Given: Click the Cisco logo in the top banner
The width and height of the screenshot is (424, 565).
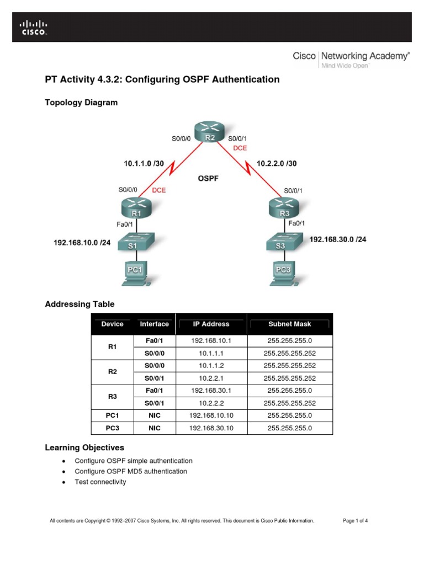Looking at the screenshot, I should [34, 28].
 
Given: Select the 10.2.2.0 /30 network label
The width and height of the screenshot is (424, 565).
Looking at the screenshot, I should [277, 163].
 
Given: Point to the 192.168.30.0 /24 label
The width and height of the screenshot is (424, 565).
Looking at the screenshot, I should [338, 239].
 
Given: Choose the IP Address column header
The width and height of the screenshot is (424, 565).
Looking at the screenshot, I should [211, 324].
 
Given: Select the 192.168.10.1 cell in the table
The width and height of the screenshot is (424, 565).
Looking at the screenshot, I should [211, 341].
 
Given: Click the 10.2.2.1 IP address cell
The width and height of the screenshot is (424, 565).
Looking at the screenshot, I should [211, 378].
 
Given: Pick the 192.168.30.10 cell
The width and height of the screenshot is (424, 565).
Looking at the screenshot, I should [211, 428].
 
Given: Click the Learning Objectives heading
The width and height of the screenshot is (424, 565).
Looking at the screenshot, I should [84, 447].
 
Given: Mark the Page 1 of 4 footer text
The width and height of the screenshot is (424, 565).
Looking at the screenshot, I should [355, 520].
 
